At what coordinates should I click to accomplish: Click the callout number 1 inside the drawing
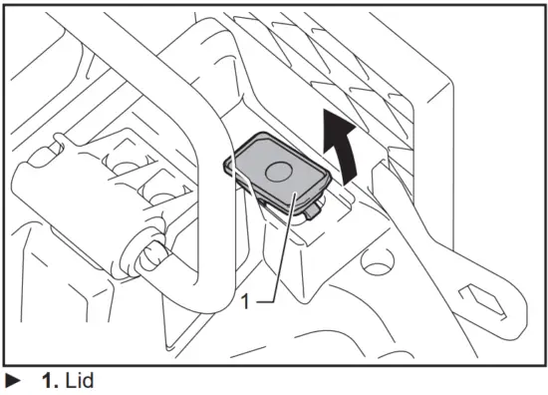245,298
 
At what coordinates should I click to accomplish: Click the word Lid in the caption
81,381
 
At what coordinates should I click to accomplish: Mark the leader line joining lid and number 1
275,249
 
